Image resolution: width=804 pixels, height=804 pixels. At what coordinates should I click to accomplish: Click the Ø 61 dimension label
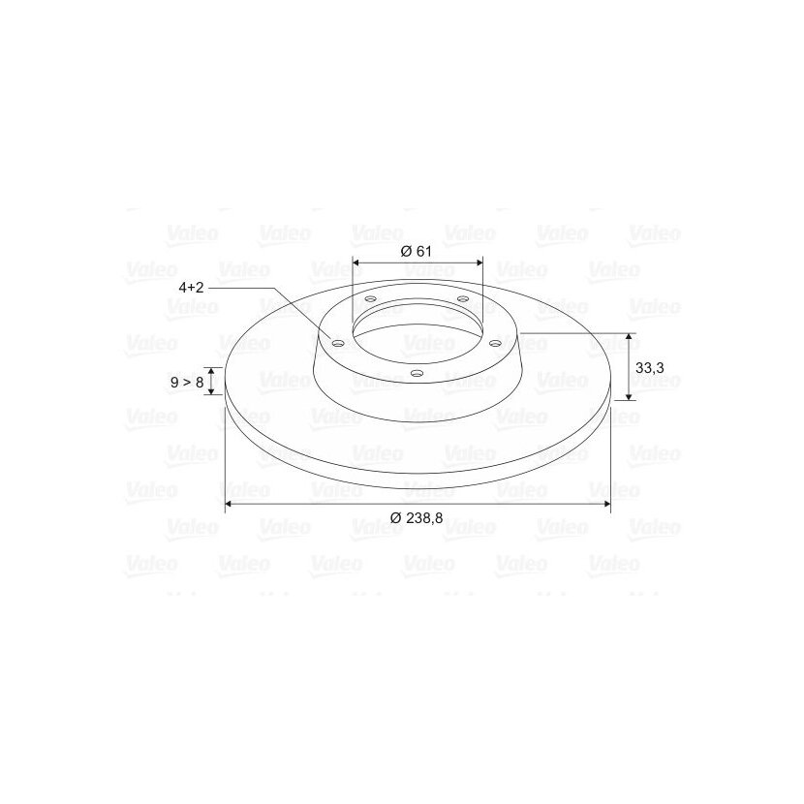coord(416,251)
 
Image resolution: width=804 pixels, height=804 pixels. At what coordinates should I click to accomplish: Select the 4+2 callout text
coord(191,287)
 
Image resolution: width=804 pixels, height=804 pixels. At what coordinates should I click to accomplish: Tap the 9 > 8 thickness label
coord(187,382)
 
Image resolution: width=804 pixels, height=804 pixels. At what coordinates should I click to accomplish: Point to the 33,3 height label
coord(650,368)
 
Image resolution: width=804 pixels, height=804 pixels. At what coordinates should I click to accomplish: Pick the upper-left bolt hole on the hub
coord(370,299)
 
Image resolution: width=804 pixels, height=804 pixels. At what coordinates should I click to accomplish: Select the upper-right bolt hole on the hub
coord(462,298)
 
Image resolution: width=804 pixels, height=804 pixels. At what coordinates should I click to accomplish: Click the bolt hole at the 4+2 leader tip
coord(338,343)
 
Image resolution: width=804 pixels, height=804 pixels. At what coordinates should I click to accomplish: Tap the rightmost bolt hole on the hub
coord(495,343)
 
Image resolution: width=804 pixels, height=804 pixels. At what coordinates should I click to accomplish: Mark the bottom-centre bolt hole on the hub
coord(417,373)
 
